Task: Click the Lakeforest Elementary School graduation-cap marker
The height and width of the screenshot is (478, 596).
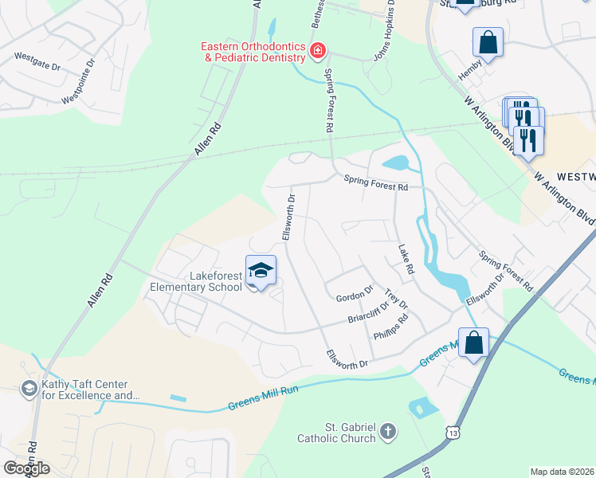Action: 260,271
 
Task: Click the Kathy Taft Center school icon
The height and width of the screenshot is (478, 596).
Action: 29,388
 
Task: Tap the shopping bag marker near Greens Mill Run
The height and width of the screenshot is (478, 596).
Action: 474,343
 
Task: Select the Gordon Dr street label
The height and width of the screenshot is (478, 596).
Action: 355,296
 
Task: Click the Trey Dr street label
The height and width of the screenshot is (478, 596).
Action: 396,300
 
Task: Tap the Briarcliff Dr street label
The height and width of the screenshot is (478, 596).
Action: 367,311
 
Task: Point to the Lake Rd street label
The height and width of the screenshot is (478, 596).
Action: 406,260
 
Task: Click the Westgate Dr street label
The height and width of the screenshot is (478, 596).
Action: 37,62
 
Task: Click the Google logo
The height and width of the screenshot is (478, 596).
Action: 25,468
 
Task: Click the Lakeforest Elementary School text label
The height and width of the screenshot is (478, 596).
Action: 203,282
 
